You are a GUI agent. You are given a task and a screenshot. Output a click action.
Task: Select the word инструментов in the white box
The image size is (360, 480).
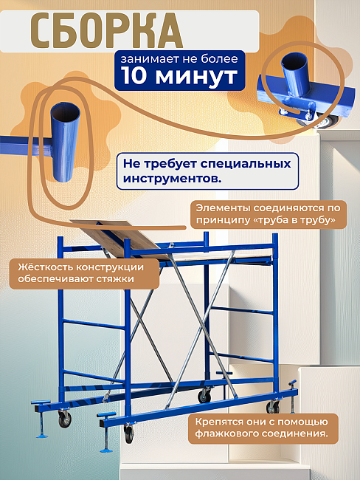tap(170, 179)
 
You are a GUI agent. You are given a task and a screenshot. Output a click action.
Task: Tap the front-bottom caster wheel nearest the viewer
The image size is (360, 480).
tap(130, 434)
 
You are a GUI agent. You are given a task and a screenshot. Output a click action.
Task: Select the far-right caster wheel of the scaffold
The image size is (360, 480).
tap(274, 406)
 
